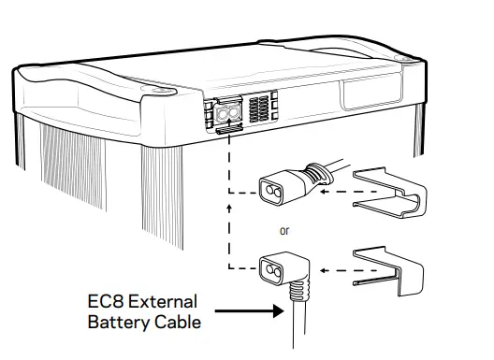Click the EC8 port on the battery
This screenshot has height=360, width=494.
(228, 112)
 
